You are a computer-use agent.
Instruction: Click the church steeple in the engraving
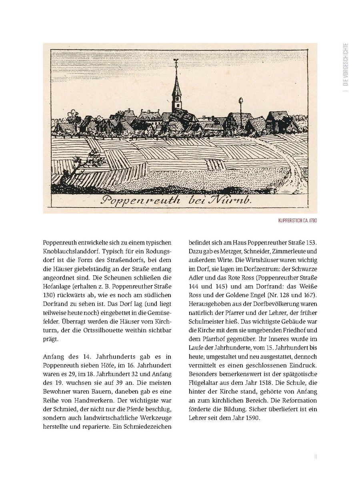pyautogui.click(x=176, y=90)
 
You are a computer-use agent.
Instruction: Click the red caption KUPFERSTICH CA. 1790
pyautogui.click(x=299, y=220)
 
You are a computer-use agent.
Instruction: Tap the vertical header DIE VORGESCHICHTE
pyautogui.click(x=346, y=64)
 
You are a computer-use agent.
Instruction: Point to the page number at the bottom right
pyautogui.click(x=316, y=456)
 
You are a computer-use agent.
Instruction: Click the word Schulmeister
pyautogui.click(x=207, y=322)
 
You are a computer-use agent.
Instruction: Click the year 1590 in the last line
pyautogui.click(x=252, y=418)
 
